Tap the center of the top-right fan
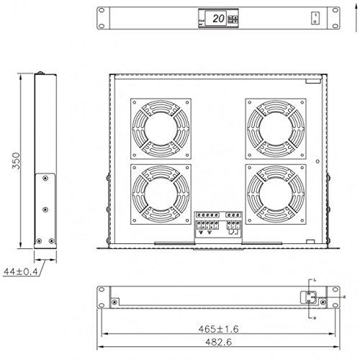[x=273, y=127]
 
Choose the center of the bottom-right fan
[x=273, y=194]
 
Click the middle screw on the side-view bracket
[x=45, y=209]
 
